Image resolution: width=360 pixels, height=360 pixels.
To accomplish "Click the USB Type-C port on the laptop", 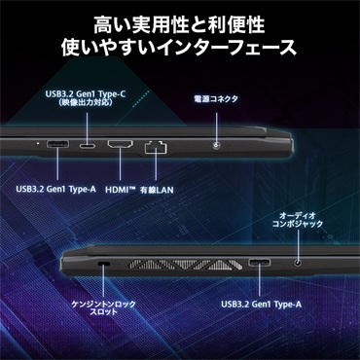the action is pos(88,145).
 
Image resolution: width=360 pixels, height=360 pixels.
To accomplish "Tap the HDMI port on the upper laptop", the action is pos(120,144).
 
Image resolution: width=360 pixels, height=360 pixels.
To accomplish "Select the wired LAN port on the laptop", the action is pos(156,148).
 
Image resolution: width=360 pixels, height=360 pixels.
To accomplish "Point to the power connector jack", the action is pos(216,146).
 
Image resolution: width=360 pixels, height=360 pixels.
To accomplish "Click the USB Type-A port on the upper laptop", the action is pos(57,144).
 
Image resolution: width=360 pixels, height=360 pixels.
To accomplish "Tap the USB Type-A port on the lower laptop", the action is pos(260,262).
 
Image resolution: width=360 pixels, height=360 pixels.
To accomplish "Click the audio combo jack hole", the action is pos(298,262).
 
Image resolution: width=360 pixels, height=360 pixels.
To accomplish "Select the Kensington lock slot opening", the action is pos(104,264).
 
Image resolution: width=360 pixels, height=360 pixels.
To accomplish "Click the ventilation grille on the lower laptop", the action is pos(186,264).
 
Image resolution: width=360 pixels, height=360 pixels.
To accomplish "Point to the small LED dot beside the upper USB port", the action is pos(39,142).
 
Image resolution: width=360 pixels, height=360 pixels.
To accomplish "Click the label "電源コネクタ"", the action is pos(216,99).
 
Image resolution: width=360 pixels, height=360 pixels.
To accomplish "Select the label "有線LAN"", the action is pos(157,190).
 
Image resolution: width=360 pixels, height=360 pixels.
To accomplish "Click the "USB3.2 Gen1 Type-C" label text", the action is pos(86,94).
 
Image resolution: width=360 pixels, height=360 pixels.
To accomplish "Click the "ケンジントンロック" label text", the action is pos(103,305).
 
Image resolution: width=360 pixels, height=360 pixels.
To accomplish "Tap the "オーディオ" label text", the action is pos(298,215).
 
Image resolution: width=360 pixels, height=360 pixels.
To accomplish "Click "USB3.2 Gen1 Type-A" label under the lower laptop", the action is pos(261,305).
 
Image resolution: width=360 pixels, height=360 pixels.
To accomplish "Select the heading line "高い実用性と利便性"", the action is pos(179,25).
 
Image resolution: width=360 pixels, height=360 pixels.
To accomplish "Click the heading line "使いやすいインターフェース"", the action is pos(179,47).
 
